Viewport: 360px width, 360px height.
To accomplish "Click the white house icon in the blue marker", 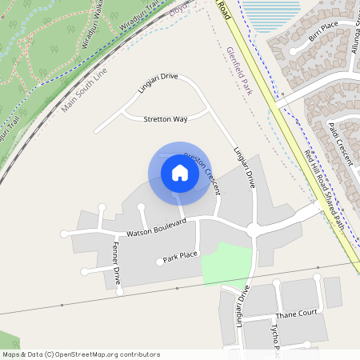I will click(x=180, y=173).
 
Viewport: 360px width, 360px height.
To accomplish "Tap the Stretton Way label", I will click(x=165, y=119).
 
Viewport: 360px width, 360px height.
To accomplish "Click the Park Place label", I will click(x=180, y=258).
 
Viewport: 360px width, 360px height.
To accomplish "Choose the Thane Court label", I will click(x=297, y=314).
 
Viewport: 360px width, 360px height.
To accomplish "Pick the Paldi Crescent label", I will click(x=341, y=143).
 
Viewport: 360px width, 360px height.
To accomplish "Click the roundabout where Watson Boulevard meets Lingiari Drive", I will click(x=253, y=230).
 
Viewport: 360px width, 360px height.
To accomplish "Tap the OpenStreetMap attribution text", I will click(x=80, y=354).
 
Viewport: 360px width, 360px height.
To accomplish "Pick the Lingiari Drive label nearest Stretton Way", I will click(x=158, y=83).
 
